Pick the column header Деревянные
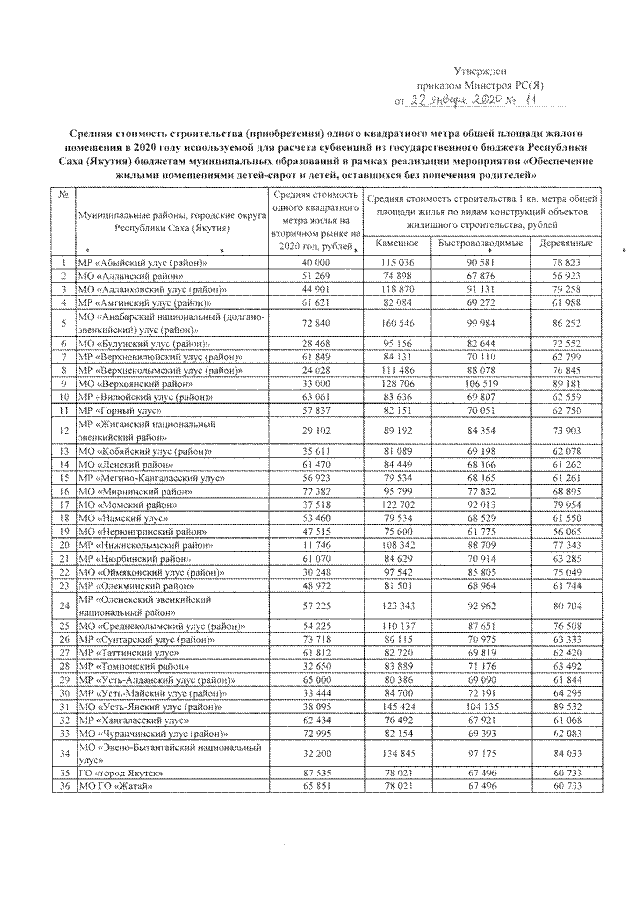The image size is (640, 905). click(565, 244)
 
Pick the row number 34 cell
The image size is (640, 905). click(63, 752)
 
